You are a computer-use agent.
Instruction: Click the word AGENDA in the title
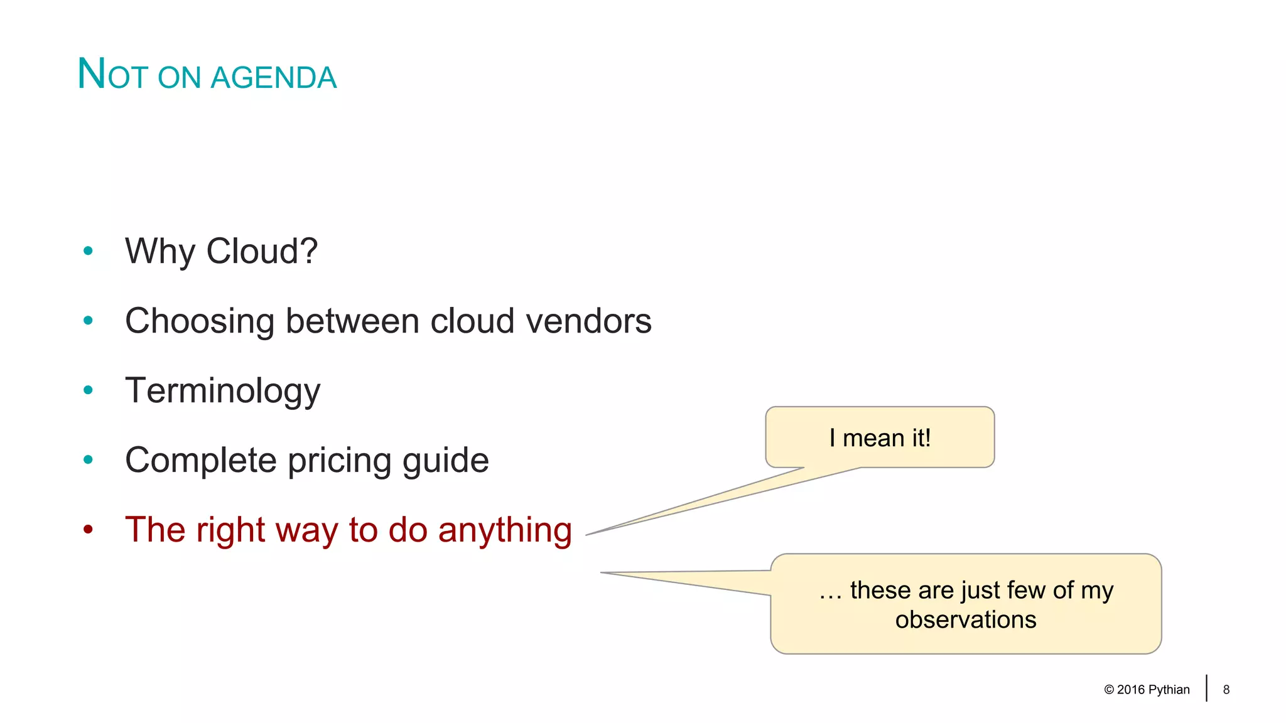click(x=274, y=78)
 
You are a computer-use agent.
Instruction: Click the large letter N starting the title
click(x=91, y=74)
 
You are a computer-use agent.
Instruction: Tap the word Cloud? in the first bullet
click(x=262, y=252)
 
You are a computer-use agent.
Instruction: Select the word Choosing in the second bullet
click(x=199, y=321)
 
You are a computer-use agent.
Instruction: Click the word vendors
click(x=588, y=321)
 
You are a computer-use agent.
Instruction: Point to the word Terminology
click(x=222, y=391)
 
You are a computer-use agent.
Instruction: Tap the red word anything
click(x=505, y=530)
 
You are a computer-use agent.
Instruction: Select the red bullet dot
click(x=88, y=530)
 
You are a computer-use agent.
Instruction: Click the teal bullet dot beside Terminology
click(x=88, y=390)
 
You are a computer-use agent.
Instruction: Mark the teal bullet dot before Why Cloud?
click(x=88, y=251)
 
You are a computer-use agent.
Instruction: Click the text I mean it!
click(x=880, y=438)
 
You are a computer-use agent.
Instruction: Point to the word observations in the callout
click(x=965, y=620)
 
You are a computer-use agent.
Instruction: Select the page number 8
click(x=1226, y=690)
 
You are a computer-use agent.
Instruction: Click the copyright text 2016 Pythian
click(x=1152, y=690)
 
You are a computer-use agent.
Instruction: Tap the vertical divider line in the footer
click(x=1206, y=688)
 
